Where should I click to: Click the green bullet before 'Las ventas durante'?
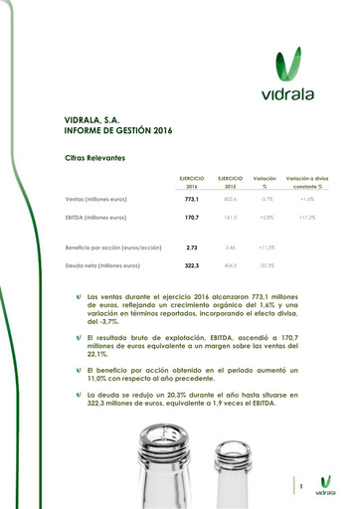79,297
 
